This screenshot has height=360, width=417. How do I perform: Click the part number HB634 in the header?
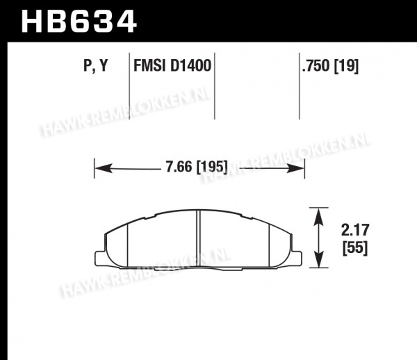tap(79, 22)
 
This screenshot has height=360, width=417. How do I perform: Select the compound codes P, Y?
tap(96, 65)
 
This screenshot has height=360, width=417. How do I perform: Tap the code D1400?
tap(190, 65)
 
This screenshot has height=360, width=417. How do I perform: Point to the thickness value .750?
tap(316, 65)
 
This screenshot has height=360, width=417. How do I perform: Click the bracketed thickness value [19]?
tap(346, 65)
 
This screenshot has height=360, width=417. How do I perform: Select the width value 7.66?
tap(179, 167)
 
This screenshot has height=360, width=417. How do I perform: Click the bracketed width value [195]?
tap(212, 167)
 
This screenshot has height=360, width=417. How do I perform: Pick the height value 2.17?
tap(355, 230)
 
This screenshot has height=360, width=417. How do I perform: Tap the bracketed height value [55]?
tap(355, 248)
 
